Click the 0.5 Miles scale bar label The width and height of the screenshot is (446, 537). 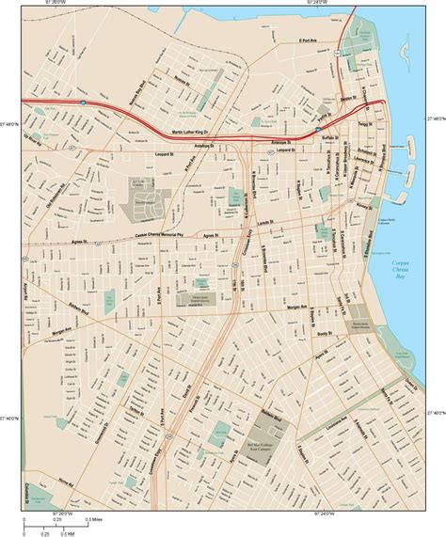[x=93, y=520]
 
